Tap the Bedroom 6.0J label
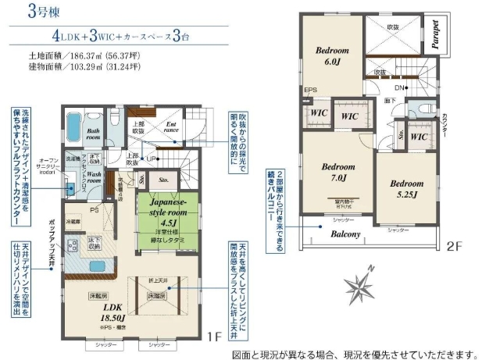pos(330,56)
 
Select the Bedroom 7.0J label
pos(338,173)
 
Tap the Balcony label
pos(345,233)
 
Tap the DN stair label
pos(399,88)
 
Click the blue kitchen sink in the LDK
pos(100,267)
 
